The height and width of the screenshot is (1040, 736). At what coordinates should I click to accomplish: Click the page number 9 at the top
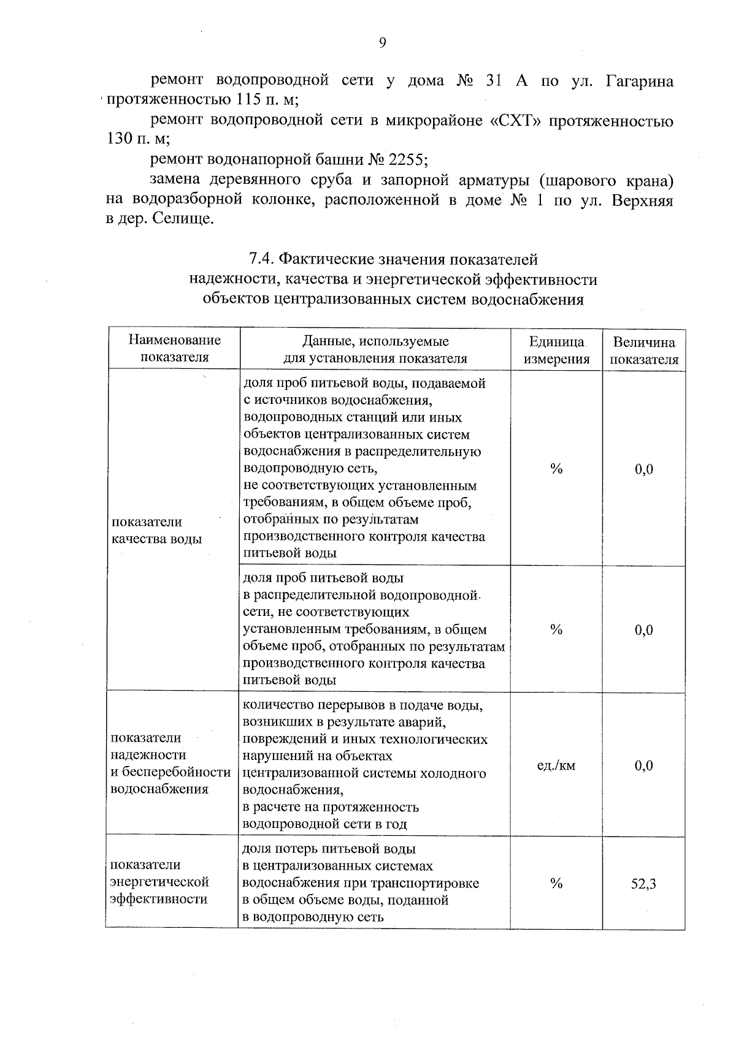(x=382, y=42)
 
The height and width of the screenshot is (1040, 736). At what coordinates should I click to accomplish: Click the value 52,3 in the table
(x=643, y=884)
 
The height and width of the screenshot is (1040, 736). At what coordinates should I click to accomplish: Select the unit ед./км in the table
(x=556, y=765)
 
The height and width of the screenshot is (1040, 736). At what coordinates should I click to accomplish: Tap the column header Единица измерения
(x=556, y=350)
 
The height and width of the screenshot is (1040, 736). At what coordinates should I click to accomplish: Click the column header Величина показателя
(x=644, y=351)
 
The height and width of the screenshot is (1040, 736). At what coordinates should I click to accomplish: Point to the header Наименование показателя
(x=175, y=348)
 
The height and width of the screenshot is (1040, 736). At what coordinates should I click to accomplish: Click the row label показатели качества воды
(x=156, y=530)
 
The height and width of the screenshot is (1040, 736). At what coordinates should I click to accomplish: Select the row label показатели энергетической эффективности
(x=159, y=882)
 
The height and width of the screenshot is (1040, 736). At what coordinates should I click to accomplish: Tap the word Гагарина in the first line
(x=639, y=82)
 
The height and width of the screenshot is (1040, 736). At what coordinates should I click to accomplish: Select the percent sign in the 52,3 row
(x=556, y=883)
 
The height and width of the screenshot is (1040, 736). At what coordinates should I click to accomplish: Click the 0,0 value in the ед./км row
(x=643, y=765)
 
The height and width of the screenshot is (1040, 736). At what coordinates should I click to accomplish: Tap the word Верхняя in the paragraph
(x=642, y=200)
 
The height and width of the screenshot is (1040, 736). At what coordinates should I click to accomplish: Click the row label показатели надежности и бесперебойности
(x=170, y=763)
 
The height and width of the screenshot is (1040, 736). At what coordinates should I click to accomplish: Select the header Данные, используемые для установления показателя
(x=375, y=350)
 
